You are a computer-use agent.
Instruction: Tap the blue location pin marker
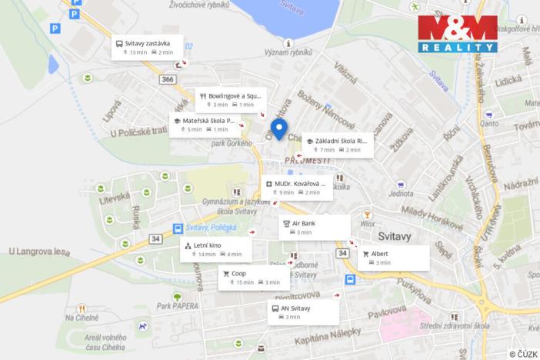(278, 129)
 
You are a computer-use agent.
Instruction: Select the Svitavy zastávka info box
(149, 47)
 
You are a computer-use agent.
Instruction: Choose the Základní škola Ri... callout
(338, 145)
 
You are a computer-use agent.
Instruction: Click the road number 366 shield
(168, 79)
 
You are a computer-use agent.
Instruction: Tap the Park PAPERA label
(174, 305)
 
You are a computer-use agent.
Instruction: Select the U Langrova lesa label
(38, 251)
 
